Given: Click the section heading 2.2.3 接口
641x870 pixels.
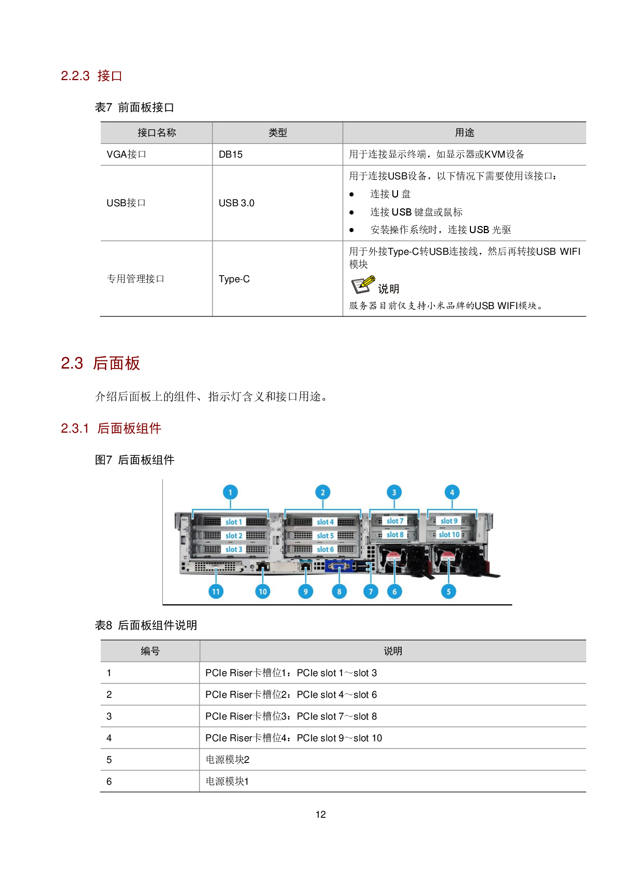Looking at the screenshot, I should pyautogui.click(x=91, y=76).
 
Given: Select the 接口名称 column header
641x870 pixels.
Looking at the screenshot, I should pyautogui.click(x=157, y=133).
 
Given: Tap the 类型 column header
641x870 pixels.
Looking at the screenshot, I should pyautogui.click(x=278, y=133).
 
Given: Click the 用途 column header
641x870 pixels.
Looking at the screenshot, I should pyautogui.click(x=464, y=133).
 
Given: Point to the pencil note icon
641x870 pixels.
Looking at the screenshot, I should pyautogui.click(x=363, y=284).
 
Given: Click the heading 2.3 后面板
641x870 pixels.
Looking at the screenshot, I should pyautogui.click(x=101, y=363).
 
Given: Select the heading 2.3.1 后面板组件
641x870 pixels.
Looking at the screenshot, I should pyautogui.click(x=111, y=429).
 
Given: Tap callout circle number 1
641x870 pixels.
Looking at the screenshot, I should pyautogui.click(x=230, y=492).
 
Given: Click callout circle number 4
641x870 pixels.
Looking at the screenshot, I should pyautogui.click(x=452, y=492).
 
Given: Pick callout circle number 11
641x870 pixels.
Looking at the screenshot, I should pyautogui.click(x=216, y=591).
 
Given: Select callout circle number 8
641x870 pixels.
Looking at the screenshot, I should pyautogui.click(x=339, y=591).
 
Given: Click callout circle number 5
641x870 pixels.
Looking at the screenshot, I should pyautogui.click(x=448, y=591).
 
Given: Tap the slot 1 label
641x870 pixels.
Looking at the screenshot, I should pyautogui.click(x=234, y=522).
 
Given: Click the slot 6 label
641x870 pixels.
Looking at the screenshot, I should pyautogui.click(x=326, y=549).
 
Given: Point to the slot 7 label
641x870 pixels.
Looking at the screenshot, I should pyautogui.click(x=395, y=521).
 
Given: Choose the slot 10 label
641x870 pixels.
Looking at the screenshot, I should pyautogui.click(x=449, y=535).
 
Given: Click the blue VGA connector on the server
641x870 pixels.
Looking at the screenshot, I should pyautogui.click(x=339, y=567).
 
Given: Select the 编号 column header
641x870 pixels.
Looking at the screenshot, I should pyautogui.click(x=150, y=651).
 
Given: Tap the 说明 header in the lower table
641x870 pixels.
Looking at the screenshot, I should pyautogui.click(x=393, y=651).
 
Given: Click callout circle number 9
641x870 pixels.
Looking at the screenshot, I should pyautogui.click(x=306, y=591).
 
